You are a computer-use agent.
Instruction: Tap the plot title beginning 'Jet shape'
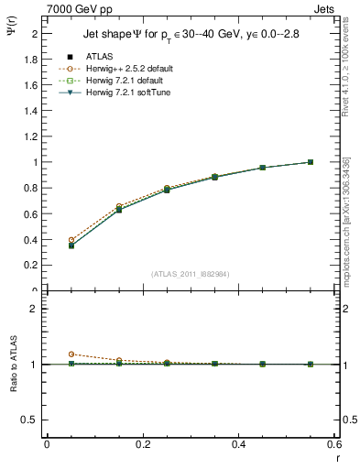(190, 35)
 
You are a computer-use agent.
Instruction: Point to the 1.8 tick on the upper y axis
(31, 60)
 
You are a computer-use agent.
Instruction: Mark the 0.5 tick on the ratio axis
(31, 420)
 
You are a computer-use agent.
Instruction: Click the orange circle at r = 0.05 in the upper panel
(71, 240)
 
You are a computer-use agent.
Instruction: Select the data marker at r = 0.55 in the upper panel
(311, 162)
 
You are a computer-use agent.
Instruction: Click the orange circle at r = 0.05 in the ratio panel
(71, 354)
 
